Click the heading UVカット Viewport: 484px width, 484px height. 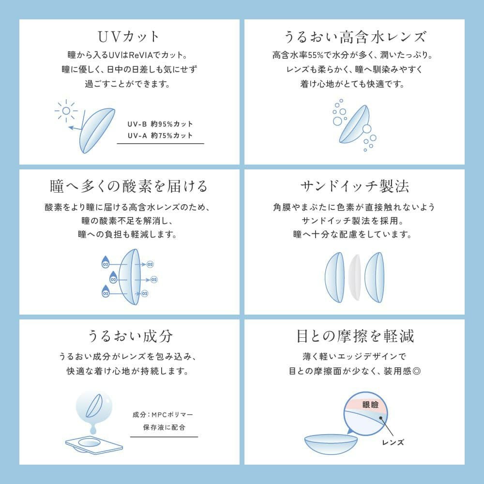pyautogui.click(x=129, y=37)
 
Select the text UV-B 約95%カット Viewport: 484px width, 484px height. pyautogui.click(x=160, y=124)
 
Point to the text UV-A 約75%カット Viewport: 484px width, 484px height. pyautogui.click(x=160, y=136)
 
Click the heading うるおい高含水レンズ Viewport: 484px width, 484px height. pyautogui.click(x=354, y=37)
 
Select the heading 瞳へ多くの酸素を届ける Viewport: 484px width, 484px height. pyautogui.click(x=129, y=186)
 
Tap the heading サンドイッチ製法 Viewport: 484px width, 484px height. pyautogui.click(x=354, y=186)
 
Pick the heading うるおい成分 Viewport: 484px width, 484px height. pyautogui.click(x=129, y=336)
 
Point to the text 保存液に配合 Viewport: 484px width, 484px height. pyautogui.click(x=164, y=427)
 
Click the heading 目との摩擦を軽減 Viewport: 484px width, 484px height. pyautogui.click(x=354, y=336)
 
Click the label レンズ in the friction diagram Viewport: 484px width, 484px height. pyautogui.click(x=393, y=442)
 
